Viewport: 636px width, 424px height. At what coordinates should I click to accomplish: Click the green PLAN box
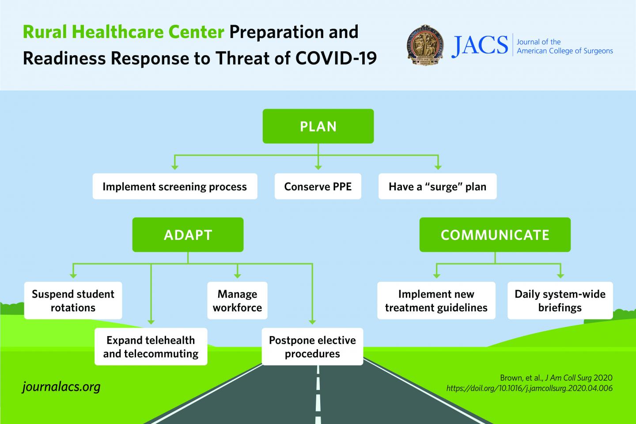point(318,126)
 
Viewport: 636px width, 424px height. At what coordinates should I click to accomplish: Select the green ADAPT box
point(188,235)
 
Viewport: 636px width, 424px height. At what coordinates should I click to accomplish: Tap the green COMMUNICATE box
point(495,235)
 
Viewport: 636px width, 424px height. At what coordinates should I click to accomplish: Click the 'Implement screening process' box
point(174,186)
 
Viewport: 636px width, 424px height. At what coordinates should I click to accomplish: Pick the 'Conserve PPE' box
point(318,186)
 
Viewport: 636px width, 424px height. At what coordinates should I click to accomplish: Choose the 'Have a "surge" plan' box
point(437,186)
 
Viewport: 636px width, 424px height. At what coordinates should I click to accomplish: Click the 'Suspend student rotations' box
point(73,300)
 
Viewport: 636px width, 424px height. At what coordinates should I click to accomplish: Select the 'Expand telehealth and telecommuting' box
point(151,347)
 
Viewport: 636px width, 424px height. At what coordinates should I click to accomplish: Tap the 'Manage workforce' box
point(237,300)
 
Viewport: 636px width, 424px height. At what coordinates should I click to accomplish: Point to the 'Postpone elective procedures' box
point(312,347)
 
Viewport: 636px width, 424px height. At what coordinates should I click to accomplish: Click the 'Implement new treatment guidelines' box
point(436,300)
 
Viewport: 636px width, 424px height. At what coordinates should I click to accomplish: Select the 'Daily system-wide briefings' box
point(560,300)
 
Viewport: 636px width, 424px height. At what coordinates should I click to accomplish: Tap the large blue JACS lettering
point(480,45)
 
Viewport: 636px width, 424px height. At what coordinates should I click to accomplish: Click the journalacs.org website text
point(61,387)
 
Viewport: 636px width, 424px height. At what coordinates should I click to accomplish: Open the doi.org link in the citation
point(529,388)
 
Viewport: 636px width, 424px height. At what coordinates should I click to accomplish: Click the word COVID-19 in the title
point(336,58)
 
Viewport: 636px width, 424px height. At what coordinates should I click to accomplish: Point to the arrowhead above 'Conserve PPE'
point(318,167)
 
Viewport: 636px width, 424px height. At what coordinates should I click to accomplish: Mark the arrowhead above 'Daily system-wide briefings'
point(560,276)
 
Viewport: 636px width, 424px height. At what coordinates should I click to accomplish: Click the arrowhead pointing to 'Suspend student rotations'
point(73,276)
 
